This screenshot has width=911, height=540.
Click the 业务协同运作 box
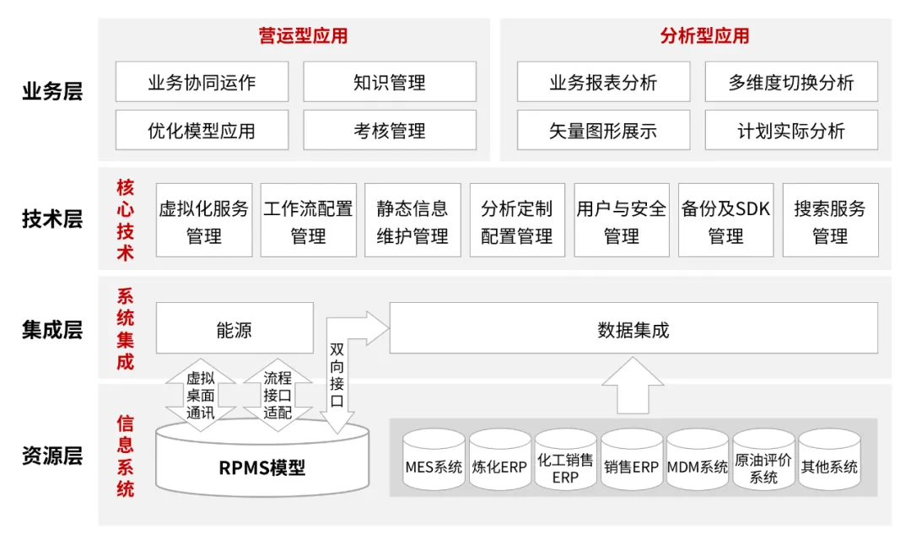202,82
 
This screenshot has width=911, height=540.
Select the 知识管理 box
389,82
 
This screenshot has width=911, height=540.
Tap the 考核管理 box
389,131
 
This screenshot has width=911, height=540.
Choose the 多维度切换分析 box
790,82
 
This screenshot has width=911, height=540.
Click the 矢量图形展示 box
602,131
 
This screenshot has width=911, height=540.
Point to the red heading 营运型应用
302,35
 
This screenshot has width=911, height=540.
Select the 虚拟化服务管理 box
203,221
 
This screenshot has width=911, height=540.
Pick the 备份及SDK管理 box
725,221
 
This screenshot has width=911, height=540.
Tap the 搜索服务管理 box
830,221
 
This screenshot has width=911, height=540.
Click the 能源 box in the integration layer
234,329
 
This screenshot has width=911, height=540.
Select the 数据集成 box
633,329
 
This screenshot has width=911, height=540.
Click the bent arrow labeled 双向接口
337,371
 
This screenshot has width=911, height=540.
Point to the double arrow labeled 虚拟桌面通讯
200,395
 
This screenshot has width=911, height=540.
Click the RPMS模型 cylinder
262,464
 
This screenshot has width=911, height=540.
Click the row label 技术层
52,220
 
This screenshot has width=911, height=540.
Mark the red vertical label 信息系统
125,456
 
